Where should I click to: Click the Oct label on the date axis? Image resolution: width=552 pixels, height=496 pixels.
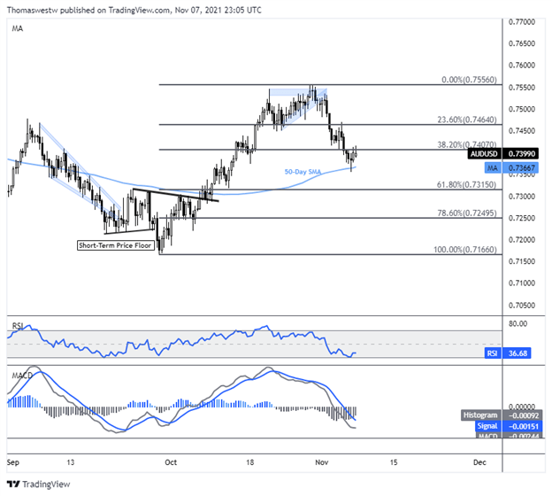[x=172, y=462]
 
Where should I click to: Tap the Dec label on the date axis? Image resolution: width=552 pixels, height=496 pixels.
[x=479, y=462]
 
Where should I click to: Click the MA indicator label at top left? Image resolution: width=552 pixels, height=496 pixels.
[x=18, y=28]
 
